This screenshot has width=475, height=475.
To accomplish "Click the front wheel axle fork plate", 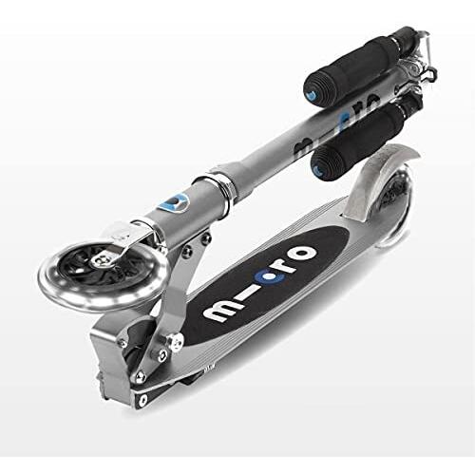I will (x=139, y=234).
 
